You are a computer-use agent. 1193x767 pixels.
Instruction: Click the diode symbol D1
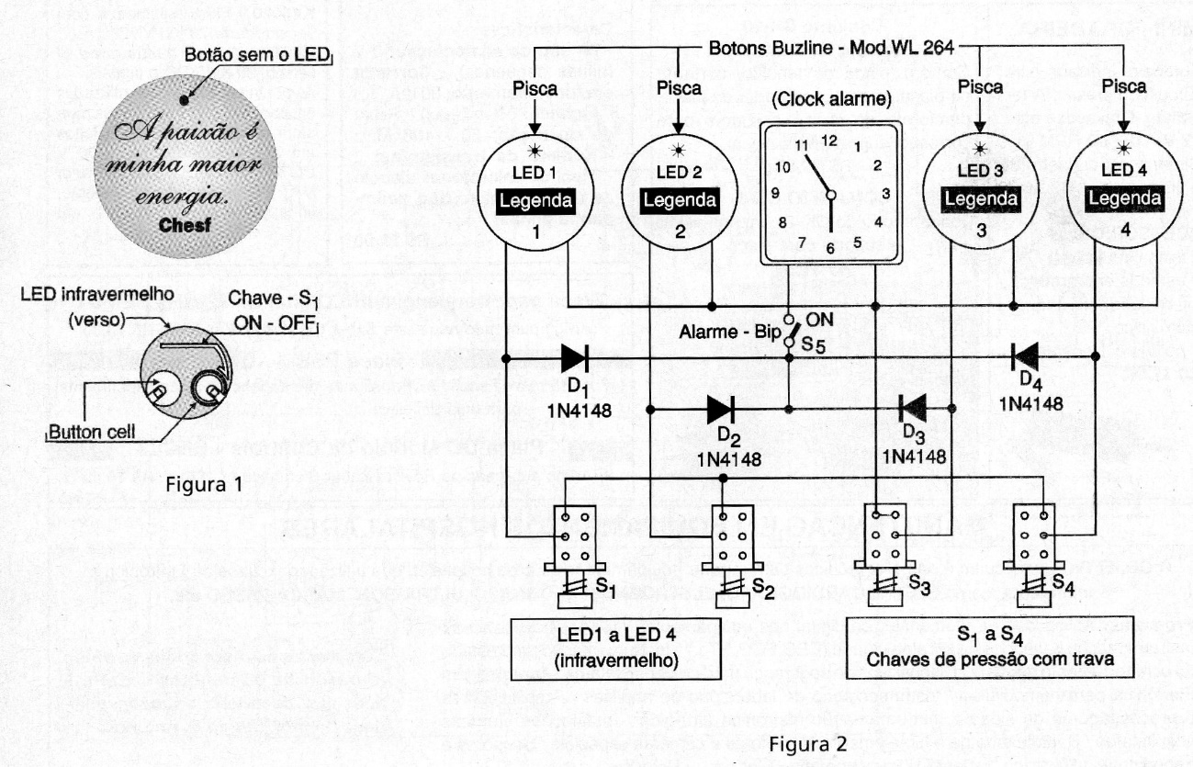575,358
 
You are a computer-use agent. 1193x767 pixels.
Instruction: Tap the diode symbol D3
912,406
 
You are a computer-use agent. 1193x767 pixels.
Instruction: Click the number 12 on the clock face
830,141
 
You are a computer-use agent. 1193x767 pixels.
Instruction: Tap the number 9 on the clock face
776,193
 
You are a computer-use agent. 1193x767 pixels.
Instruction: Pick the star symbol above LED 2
678,150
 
